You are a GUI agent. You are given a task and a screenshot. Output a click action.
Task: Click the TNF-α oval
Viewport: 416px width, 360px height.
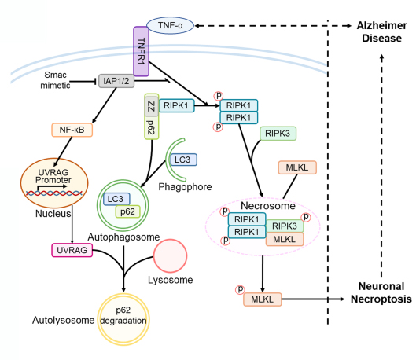point(171,25)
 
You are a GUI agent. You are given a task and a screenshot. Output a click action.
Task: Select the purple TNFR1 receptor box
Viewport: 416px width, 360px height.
point(141,51)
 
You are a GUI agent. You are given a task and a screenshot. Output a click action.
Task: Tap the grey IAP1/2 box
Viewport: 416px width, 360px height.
point(116,81)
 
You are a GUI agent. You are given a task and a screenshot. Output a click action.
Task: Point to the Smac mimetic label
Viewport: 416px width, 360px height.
point(55,80)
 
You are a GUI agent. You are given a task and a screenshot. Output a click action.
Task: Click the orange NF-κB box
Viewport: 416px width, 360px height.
point(72,130)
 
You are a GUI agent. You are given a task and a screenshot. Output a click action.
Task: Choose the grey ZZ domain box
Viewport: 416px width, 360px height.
point(152,107)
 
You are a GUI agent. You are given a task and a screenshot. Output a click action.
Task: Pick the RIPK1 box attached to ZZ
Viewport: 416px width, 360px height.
point(176,105)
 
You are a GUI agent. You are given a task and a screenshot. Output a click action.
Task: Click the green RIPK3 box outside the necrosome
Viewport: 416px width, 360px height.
point(278,134)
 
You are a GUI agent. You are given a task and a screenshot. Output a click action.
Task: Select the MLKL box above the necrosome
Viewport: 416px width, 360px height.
point(297,167)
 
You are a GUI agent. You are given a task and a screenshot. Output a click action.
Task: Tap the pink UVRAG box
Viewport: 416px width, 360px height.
point(72,250)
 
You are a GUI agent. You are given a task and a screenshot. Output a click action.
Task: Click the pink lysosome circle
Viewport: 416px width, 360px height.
point(170,255)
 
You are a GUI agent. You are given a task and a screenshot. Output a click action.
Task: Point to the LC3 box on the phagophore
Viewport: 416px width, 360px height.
point(182,160)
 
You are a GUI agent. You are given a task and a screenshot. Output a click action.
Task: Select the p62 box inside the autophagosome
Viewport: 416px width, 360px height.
point(127,211)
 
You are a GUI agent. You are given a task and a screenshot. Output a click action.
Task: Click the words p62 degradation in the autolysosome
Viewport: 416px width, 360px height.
point(123,315)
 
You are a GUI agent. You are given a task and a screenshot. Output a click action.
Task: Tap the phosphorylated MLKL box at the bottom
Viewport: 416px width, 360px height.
point(263,299)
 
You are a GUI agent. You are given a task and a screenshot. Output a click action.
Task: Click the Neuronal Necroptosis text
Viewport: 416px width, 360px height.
point(381,292)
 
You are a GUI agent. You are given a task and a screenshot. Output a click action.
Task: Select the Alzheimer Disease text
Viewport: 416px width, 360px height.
point(381,31)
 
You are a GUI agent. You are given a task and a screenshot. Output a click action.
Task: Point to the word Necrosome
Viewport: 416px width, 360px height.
point(268,206)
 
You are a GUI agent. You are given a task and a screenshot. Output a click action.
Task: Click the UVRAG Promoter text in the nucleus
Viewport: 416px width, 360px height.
point(53,176)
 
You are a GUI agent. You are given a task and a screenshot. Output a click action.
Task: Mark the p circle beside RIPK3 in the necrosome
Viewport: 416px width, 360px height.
point(306,217)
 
